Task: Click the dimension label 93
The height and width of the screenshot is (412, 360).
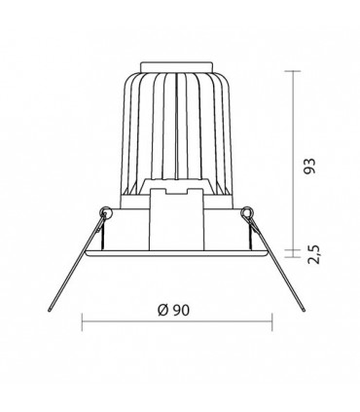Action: [310, 167]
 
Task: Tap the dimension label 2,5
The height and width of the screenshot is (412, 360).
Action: [314, 255]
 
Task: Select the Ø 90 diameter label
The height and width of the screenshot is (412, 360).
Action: [173, 311]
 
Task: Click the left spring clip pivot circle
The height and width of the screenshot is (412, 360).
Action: [106, 212]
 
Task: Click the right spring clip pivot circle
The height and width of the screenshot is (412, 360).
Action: [247, 212]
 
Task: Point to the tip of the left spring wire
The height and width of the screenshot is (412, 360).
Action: [50, 311]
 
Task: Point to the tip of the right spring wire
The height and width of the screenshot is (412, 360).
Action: [304, 311]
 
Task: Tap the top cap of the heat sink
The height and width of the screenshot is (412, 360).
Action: [176, 66]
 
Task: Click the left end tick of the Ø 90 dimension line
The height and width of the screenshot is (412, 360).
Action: [82, 322]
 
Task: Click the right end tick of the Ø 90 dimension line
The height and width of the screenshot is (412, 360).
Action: [271, 322]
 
